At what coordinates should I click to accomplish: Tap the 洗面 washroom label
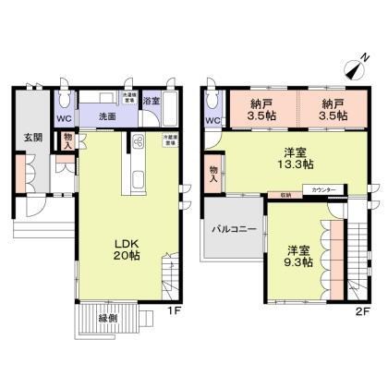click(107, 117)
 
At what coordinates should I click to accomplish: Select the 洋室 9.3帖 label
click(297, 256)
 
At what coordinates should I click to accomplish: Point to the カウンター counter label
click(323, 188)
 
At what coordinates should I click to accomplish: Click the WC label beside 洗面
click(63, 119)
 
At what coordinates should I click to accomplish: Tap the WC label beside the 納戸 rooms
click(212, 120)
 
